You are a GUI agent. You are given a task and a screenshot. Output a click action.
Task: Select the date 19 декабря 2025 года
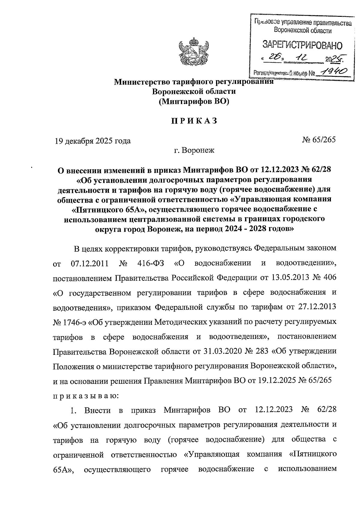click(92, 140)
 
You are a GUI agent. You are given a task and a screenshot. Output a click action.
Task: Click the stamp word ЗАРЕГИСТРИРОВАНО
click(302, 46)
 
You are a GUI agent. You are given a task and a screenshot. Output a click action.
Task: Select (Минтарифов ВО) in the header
click(194, 101)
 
